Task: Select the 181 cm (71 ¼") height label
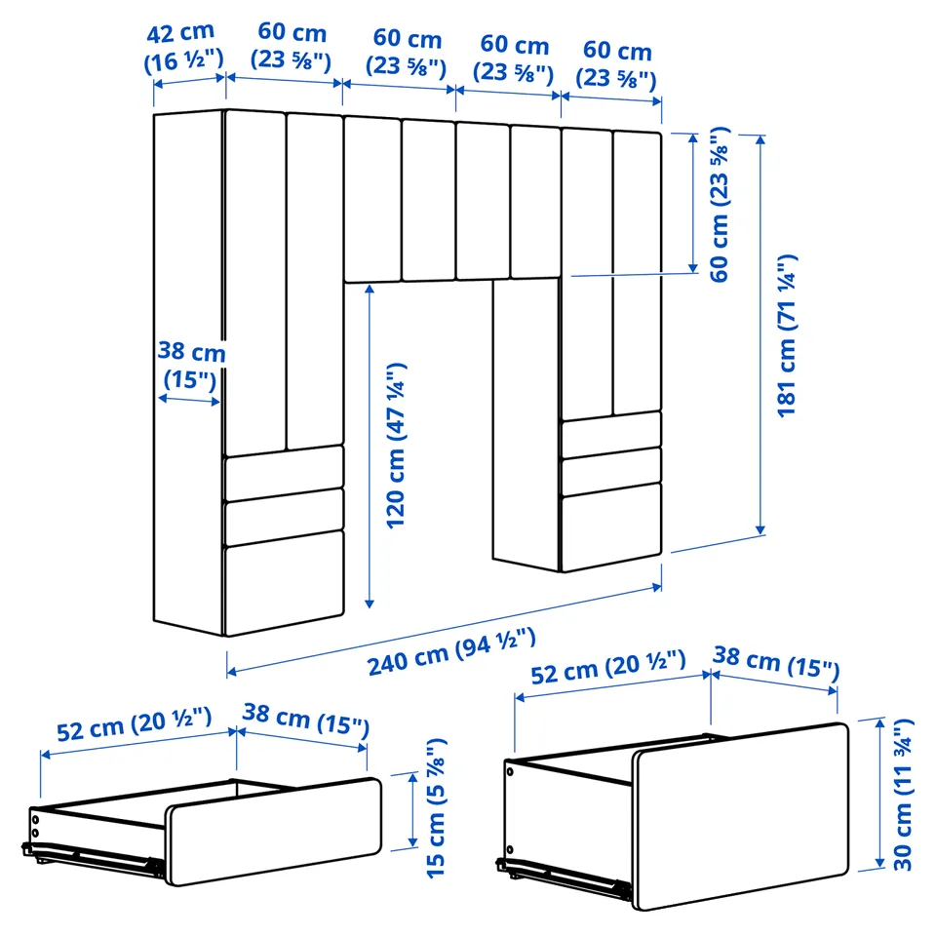787,335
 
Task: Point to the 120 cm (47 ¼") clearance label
396,446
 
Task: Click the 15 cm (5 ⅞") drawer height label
437,807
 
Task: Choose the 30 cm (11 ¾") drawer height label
903,795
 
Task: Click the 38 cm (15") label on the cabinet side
191,365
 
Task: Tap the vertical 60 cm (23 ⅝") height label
720,204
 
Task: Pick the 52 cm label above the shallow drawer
134,723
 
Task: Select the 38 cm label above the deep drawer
776,662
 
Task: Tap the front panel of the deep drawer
740,816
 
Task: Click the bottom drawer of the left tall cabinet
284,583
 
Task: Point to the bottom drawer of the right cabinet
611,526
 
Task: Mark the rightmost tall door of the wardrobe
637,272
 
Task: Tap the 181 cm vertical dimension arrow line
760,334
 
